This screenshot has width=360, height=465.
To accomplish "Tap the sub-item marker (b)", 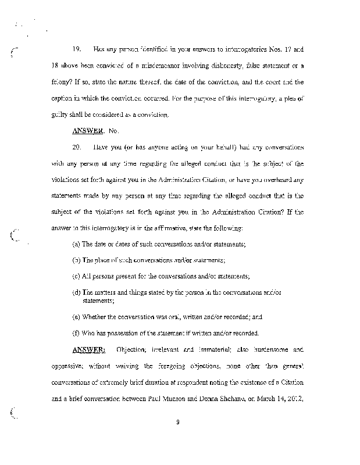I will pyautogui.click(x=76, y=260).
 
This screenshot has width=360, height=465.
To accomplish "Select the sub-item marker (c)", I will pyautogui.click(x=76, y=276).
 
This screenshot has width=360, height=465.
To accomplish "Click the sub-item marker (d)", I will pyautogui.click(x=76, y=292).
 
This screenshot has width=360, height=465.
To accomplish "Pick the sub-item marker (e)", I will pyautogui.click(x=76, y=317).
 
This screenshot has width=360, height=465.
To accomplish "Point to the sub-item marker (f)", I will pyautogui.click(x=76, y=333).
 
